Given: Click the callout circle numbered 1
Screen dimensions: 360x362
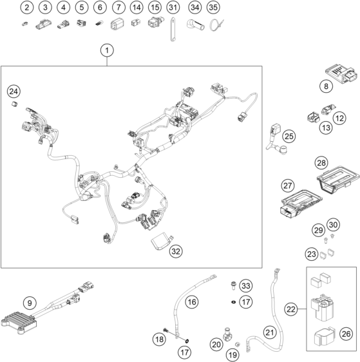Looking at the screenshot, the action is [x=107, y=50].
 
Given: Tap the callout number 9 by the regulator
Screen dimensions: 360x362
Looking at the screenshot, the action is [x=30, y=303].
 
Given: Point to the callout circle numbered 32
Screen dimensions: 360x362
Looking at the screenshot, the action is [x=176, y=251].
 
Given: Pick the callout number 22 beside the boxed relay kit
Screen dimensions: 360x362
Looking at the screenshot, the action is [x=291, y=309].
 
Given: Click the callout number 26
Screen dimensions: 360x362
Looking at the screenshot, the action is [x=346, y=334].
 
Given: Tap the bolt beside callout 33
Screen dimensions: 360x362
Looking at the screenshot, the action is [x=233, y=285].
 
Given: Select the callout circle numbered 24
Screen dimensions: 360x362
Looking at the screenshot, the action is [x=14, y=91].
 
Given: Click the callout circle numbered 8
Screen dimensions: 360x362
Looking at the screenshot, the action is [x=326, y=86].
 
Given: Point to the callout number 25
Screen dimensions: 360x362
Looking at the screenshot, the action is [x=289, y=137].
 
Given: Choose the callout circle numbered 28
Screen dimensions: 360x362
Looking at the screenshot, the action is [x=321, y=163].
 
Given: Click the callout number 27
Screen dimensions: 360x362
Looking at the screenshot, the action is [x=288, y=186].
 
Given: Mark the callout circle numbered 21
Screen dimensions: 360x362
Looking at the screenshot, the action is [x=270, y=332].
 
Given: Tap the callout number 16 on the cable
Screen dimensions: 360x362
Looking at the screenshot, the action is [x=192, y=301].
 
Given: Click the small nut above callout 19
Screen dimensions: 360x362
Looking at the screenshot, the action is [x=238, y=344].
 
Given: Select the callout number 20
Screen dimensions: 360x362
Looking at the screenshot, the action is [x=216, y=345].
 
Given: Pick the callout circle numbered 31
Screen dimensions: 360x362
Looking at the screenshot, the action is [x=173, y=7].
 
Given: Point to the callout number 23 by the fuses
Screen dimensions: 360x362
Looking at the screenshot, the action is [x=312, y=254].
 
